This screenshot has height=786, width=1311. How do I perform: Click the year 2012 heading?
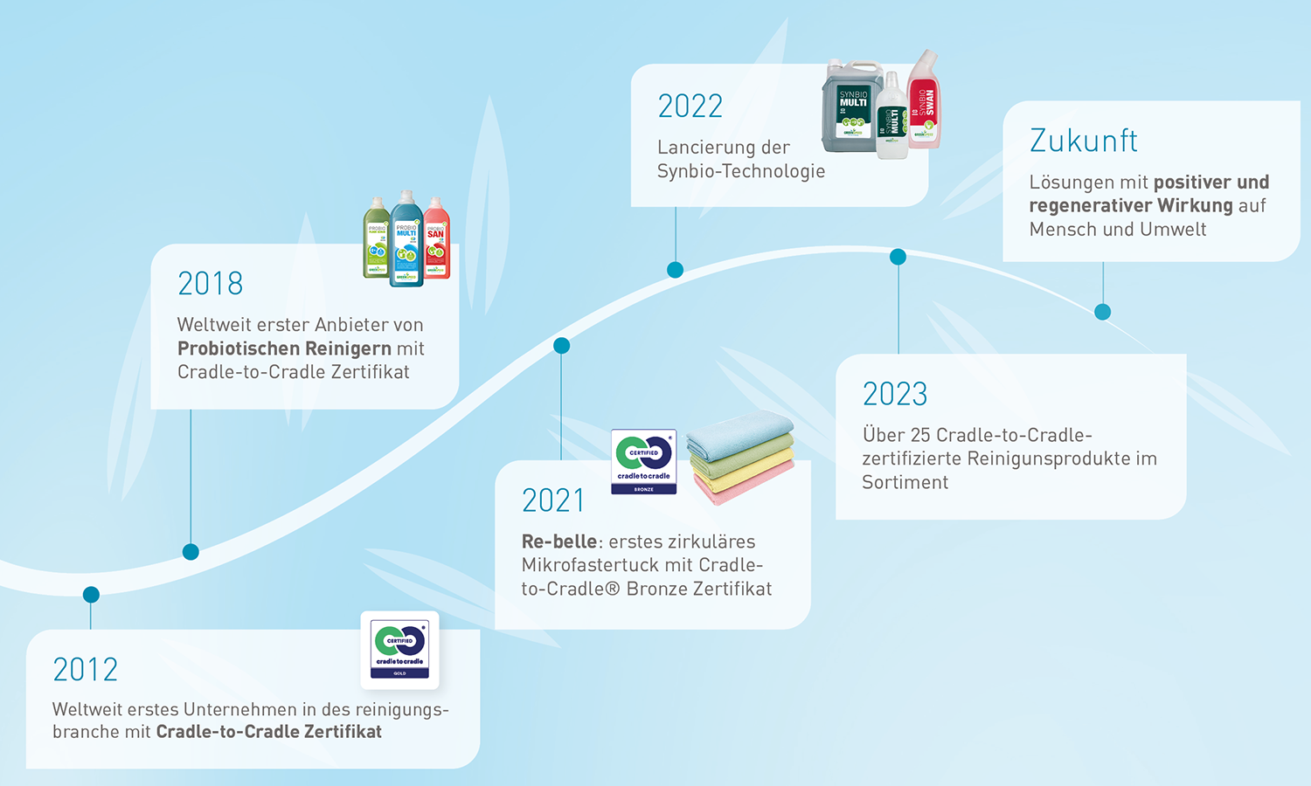(85, 670)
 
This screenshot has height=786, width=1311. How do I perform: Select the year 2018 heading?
(210, 284)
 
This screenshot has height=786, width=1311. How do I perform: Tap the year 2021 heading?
(552, 500)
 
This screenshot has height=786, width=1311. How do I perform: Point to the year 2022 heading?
(690, 107)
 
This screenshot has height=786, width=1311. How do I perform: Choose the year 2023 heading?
(894, 395)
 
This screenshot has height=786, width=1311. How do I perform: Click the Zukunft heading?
(1083, 141)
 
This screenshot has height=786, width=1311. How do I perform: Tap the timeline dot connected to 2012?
(91, 595)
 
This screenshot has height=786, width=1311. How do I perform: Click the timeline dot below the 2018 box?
(191, 552)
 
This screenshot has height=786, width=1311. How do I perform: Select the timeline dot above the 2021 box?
(562, 346)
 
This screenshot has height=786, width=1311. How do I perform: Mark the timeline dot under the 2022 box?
(675, 270)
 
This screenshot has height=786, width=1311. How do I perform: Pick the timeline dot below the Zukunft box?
(1103, 312)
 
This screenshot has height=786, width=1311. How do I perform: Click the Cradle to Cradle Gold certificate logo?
(399, 650)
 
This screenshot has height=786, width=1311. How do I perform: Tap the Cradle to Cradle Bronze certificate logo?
(644, 461)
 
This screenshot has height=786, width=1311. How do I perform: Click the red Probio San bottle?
(437, 240)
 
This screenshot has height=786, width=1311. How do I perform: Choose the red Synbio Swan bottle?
(924, 103)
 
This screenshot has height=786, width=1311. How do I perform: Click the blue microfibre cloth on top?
(741, 434)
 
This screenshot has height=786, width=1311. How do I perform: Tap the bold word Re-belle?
(559, 541)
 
